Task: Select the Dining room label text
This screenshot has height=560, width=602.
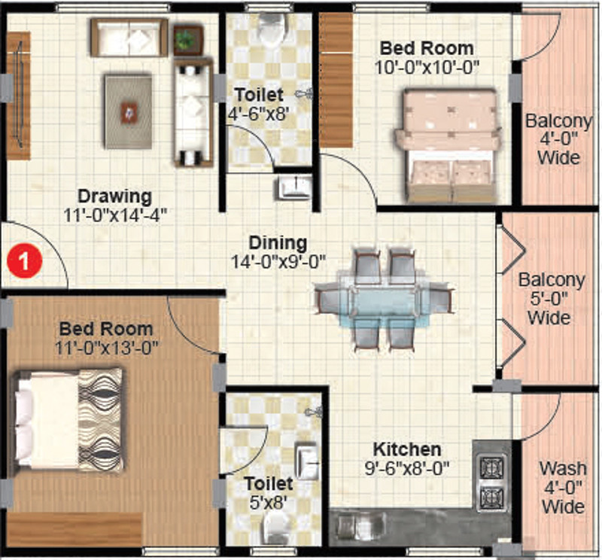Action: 278,243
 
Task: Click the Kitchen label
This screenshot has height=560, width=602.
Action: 406,449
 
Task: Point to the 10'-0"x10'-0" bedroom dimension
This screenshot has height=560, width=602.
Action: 427,67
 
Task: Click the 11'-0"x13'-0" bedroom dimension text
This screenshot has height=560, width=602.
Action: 105,348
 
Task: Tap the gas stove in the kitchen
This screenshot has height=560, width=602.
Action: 491,479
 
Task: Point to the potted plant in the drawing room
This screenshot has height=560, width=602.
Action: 187,39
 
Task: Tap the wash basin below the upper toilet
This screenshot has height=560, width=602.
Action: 292,187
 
